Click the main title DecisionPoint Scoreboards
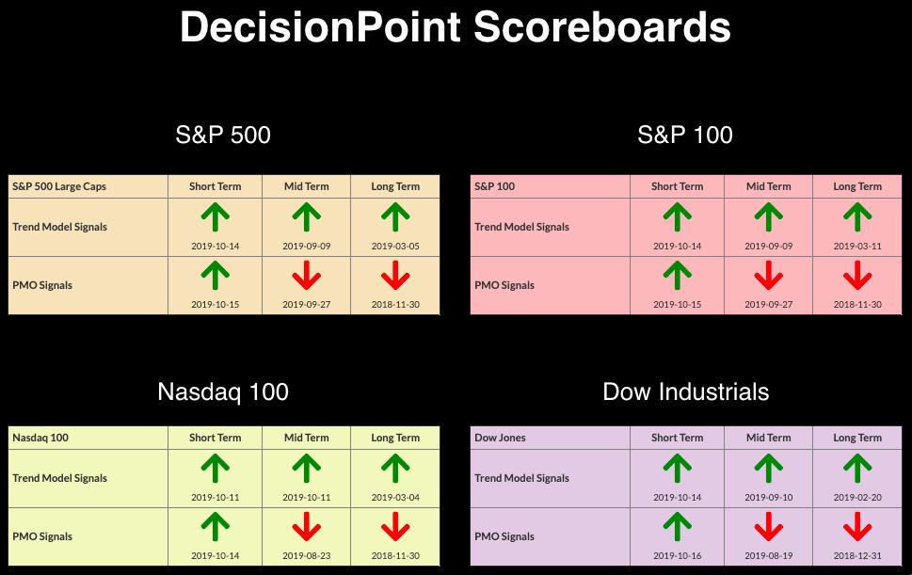[455, 27]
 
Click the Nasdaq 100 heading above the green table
[223, 391]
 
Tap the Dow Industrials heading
[686, 391]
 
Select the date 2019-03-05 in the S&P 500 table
[395, 246]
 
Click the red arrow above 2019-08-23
[307, 527]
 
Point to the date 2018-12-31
[857, 555]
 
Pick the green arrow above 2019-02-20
[857, 469]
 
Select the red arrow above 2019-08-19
[768, 527]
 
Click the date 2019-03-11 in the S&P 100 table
[857, 246]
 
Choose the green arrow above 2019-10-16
[677, 527]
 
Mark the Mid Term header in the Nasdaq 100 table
[307, 438]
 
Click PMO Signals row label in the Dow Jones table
[504, 536]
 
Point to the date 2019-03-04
[395, 497]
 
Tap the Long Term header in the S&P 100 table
[857, 186]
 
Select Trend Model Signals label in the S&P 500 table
[60, 227]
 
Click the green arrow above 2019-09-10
[768, 469]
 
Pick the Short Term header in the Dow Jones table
[677, 438]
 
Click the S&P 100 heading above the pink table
[685, 135]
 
